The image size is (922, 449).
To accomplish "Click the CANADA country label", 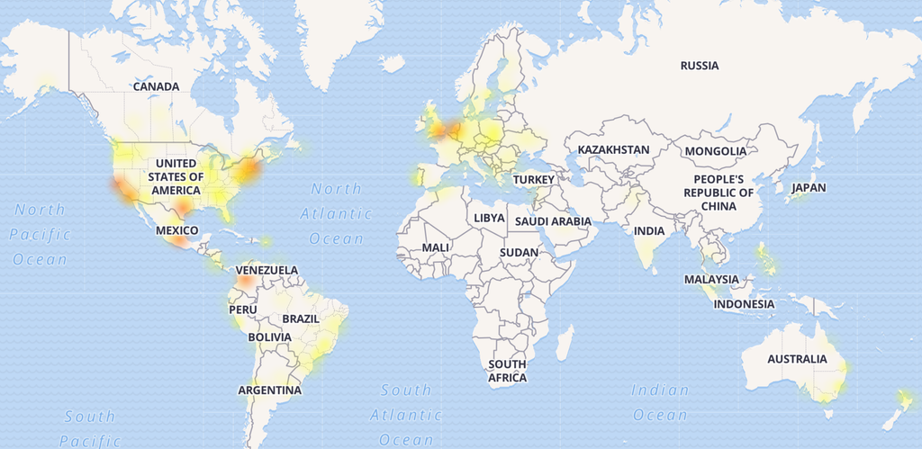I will pyautogui.click(x=156, y=86).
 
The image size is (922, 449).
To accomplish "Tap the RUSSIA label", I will pyautogui.click(x=700, y=66).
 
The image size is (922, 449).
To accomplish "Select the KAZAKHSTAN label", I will pyautogui.click(x=613, y=149).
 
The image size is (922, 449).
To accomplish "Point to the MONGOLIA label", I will pyautogui.click(x=715, y=151).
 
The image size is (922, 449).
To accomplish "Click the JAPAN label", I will pyautogui.click(x=808, y=188).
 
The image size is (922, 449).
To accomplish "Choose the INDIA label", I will pyautogui.click(x=648, y=230).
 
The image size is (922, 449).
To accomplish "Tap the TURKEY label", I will pyautogui.click(x=534, y=180).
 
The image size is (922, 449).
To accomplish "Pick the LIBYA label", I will pyautogui.click(x=490, y=219).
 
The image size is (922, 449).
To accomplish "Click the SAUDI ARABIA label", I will pyautogui.click(x=553, y=221).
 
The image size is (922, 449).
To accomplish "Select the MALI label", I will pyautogui.click(x=435, y=247).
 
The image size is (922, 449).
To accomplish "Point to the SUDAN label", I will pyautogui.click(x=519, y=253).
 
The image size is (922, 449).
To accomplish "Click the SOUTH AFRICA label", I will pyautogui.click(x=507, y=371).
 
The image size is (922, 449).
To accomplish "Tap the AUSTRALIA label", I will pyautogui.click(x=796, y=359).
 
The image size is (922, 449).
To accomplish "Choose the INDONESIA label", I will pyautogui.click(x=744, y=304).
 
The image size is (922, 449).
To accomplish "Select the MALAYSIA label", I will pyautogui.click(x=711, y=280).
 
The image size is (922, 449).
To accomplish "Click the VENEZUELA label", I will pyautogui.click(x=267, y=270).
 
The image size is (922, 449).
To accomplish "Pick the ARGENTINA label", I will pyautogui.click(x=269, y=391).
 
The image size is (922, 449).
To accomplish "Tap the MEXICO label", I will pyautogui.click(x=176, y=231).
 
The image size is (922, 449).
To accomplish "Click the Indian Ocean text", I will pyautogui.click(x=660, y=402).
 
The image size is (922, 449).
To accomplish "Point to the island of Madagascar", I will pyautogui.click(x=565, y=345).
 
